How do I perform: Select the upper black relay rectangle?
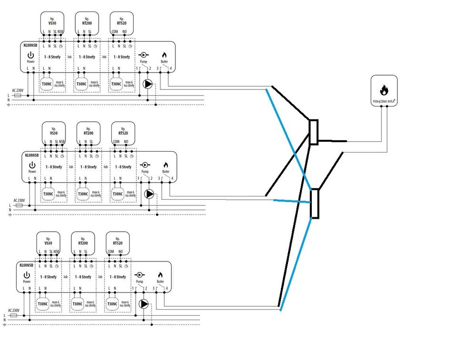click(x=314, y=132)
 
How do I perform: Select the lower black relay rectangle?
click(x=314, y=203)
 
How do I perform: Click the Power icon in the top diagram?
click(x=31, y=55)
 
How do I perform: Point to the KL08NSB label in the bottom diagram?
click(x=26, y=264)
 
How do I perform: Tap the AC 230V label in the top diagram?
click(x=18, y=89)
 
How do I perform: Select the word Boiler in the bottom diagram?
click(x=160, y=281)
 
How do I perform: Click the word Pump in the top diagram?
click(x=143, y=62)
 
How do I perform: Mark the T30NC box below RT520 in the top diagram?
click(x=116, y=84)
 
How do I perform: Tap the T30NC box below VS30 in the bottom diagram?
click(x=43, y=304)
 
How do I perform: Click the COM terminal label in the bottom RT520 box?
click(x=110, y=252)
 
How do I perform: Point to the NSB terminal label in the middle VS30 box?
click(x=62, y=142)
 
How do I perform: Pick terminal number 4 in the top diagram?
click(x=170, y=68)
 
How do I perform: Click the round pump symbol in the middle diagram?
click(x=149, y=194)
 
